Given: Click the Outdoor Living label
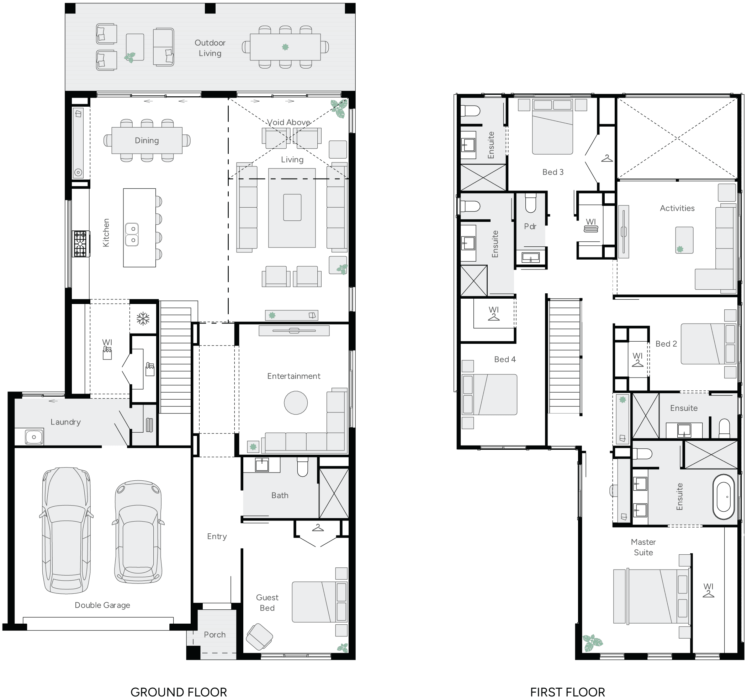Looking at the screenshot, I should pyautogui.click(x=210, y=48).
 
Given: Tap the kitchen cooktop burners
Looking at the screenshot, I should pyautogui.click(x=80, y=244).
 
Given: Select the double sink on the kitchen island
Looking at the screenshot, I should pyautogui.click(x=132, y=234).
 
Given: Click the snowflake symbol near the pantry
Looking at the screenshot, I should pyautogui.click(x=143, y=319).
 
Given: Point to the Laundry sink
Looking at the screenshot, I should pyautogui.click(x=34, y=437).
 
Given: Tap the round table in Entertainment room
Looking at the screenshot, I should pyautogui.click(x=296, y=402).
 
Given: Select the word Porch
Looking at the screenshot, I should pyautogui.click(x=214, y=634).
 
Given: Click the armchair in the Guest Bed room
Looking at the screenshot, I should pyautogui.click(x=259, y=636).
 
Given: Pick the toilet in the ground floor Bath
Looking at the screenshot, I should pyautogui.click(x=302, y=466).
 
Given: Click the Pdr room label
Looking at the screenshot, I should pyautogui.click(x=530, y=226).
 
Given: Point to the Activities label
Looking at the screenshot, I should pyautogui.click(x=677, y=208).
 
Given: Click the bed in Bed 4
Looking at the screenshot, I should pyautogui.click(x=489, y=394).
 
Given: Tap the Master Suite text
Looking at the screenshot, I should pyautogui.click(x=643, y=547).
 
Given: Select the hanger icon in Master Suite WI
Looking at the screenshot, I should pyautogui.click(x=708, y=594).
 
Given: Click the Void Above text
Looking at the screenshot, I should pyautogui.click(x=288, y=122).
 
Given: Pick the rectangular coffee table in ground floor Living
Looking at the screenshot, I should pyautogui.click(x=292, y=207).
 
